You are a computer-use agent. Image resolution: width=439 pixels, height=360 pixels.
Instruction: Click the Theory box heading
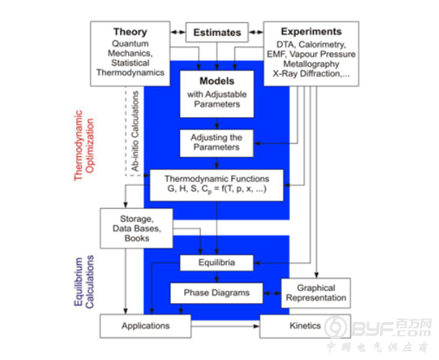pyautogui.click(x=130, y=32)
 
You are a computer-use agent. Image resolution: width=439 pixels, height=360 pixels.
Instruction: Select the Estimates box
pyautogui.click(x=217, y=32)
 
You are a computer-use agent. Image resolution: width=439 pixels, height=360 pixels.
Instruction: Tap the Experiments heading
pyautogui.click(x=311, y=32)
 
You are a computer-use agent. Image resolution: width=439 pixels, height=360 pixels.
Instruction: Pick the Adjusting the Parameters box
pyautogui.click(x=217, y=141)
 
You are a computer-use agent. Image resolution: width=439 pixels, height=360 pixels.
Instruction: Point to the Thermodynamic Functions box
pyautogui.click(x=217, y=185)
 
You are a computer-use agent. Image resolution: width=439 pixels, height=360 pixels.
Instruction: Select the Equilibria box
pyautogui.click(x=217, y=263)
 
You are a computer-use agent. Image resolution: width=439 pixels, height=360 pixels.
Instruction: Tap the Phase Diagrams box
pyautogui.click(x=217, y=292)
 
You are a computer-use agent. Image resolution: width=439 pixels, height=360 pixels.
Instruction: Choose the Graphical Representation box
pyautogui.click(x=316, y=292)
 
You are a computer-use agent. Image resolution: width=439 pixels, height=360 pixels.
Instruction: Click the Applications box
pyautogui.click(x=145, y=325)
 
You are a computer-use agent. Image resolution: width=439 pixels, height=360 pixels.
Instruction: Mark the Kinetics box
pyautogui.click(x=304, y=325)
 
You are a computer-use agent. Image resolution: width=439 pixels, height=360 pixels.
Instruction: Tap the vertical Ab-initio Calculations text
pyautogui.click(x=135, y=130)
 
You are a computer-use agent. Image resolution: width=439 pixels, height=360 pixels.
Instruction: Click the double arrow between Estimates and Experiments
pyautogui.click(x=256, y=32)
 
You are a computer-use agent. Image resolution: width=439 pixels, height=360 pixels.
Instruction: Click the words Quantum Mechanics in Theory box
pyautogui.click(x=130, y=48)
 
